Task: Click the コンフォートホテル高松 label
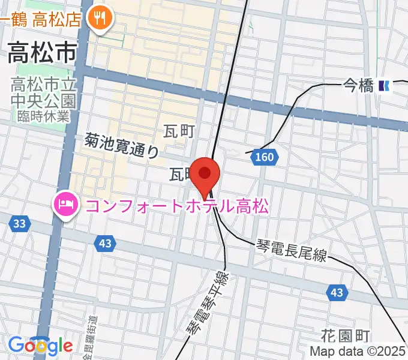[177, 206]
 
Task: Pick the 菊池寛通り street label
[122, 146]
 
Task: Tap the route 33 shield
[19, 224]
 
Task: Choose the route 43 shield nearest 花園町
[337, 292]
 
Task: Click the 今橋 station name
[358, 86]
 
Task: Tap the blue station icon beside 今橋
[384, 86]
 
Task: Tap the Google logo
[40, 346]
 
